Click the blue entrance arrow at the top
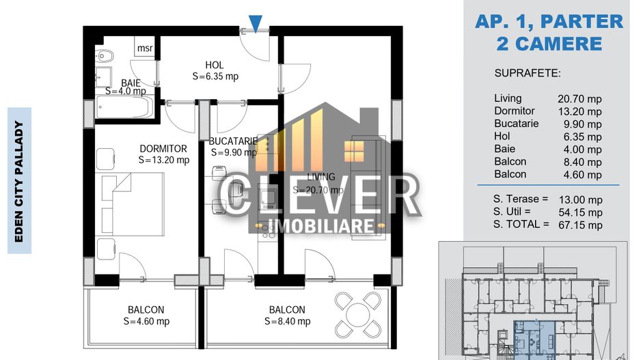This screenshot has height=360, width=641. click(x=255, y=24)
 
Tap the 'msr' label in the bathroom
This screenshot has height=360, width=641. click(x=145, y=48)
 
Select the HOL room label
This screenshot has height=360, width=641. click(x=214, y=65)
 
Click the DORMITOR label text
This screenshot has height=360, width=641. click(x=163, y=148)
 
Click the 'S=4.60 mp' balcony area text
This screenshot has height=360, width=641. click(x=146, y=322)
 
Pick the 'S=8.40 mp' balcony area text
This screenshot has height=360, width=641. click(x=287, y=322)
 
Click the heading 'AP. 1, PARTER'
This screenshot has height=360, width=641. click(x=549, y=22)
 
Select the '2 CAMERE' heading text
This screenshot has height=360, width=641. click(x=549, y=44)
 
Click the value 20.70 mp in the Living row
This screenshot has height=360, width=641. click(x=579, y=99)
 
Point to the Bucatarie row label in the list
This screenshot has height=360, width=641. click(x=516, y=124)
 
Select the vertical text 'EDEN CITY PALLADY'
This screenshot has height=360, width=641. click(x=19, y=180)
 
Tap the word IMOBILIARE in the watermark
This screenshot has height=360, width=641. click(x=320, y=227)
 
